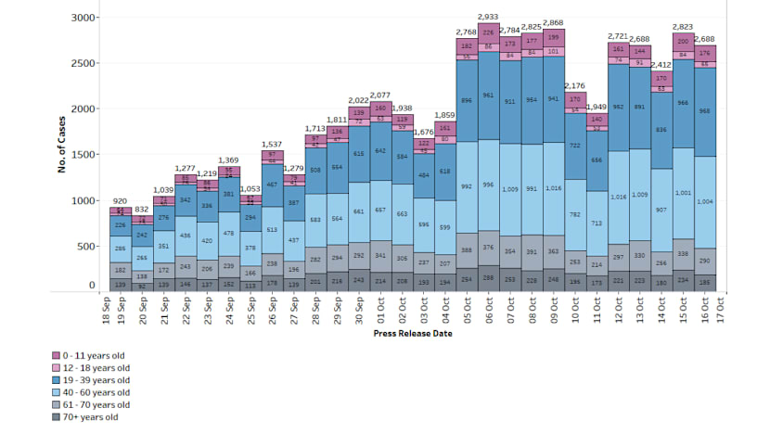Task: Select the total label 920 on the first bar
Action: click(x=120, y=201)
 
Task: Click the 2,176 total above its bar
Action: click(x=575, y=86)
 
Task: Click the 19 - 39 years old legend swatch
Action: click(x=57, y=380)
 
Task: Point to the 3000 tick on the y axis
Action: click(x=83, y=19)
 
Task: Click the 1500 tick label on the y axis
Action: click(x=83, y=155)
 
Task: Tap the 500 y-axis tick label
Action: click(x=85, y=246)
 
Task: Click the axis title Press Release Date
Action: click(x=412, y=334)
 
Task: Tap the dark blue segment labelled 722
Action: click(x=575, y=146)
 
